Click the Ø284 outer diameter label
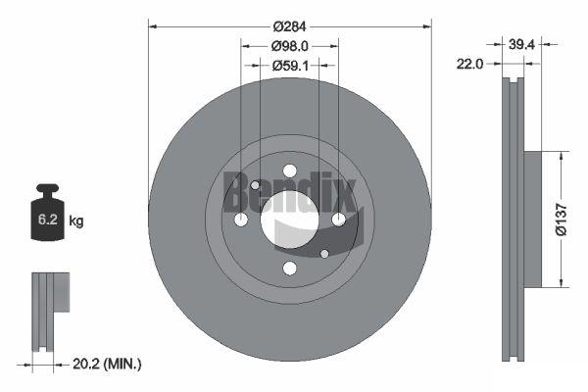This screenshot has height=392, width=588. [289, 26]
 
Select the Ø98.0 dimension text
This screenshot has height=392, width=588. [290, 46]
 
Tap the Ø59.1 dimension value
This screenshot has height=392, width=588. [290, 66]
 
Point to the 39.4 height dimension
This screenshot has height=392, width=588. [521, 45]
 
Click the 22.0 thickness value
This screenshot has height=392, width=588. [469, 64]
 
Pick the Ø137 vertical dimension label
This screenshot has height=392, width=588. [562, 220]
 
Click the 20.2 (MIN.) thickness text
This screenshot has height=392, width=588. [107, 364]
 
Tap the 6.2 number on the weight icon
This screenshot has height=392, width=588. [48, 220]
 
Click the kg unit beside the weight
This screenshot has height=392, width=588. [76, 220]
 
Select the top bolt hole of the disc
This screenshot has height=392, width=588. [290, 171]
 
